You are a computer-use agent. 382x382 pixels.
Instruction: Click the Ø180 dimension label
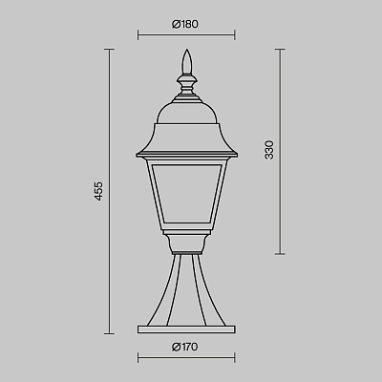click(185, 24)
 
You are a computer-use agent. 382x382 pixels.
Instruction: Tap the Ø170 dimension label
click(184, 347)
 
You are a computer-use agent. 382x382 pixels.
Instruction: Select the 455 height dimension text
click(99, 191)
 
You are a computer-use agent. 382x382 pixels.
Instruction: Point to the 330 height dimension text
click(269, 150)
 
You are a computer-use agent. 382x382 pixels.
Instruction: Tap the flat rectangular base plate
click(186, 329)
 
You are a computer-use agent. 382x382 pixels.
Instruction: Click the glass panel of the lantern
click(186, 193)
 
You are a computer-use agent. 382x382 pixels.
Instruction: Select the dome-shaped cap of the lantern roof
click(186, 113)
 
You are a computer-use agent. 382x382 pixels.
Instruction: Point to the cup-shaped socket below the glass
click(186, 244)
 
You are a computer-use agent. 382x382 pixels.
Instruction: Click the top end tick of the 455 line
click(110, 50)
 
